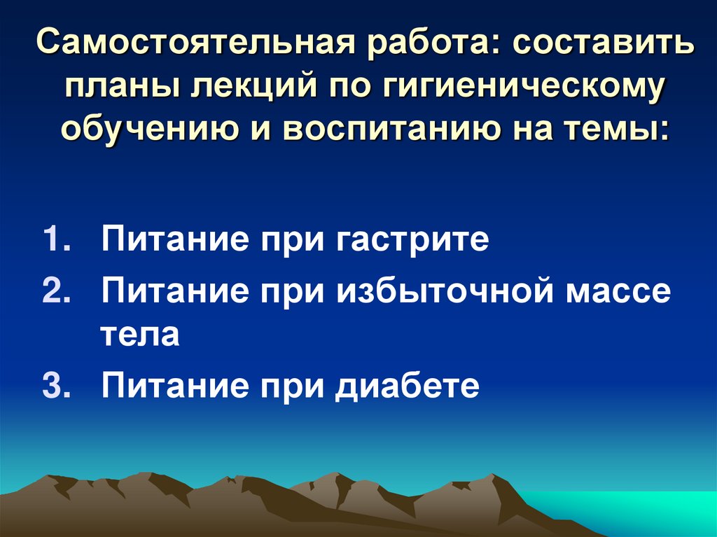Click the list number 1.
(56, 240)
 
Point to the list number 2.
(56, 289)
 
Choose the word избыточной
(448, 291)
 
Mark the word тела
(140, 335)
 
